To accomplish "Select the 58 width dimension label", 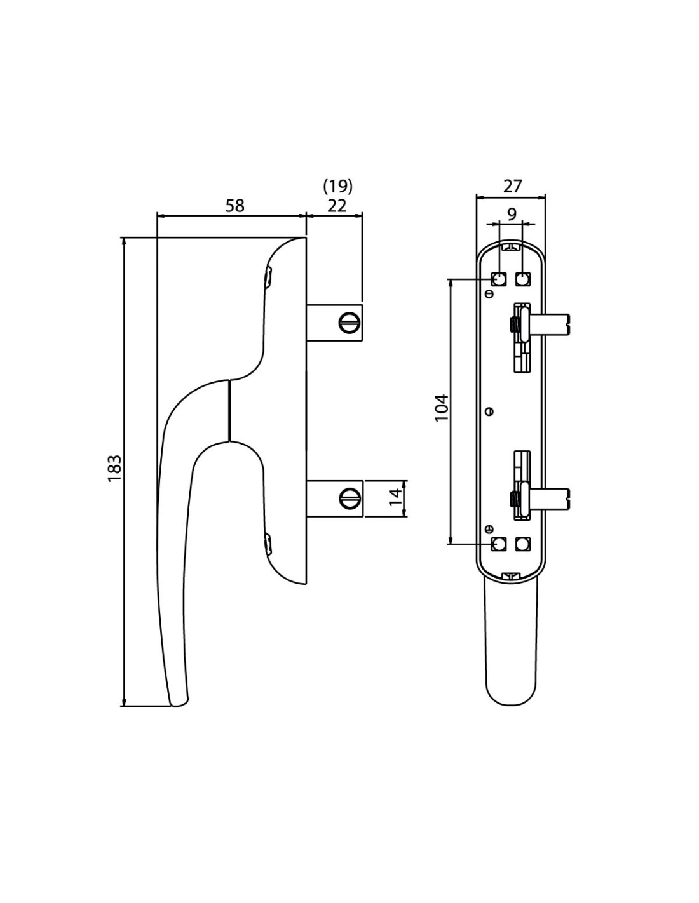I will tap(234, 205).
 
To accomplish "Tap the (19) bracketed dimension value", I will tap(337, 185).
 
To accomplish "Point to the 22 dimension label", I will tap(337, 206).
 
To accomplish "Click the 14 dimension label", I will tap(395, 497).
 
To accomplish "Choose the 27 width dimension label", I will tap(512, 185).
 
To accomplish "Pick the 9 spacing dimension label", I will tap(512, 213).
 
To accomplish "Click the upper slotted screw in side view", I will tap(349, 323).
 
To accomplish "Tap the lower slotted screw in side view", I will tap(349, 498).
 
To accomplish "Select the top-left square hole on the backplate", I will tap(499, 279).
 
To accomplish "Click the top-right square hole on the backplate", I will tap(522, 279).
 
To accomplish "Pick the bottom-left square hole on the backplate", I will tap(499, 544).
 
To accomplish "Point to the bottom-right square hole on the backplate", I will tap(522, 544).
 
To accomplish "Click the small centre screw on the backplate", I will tap(489, 411).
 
